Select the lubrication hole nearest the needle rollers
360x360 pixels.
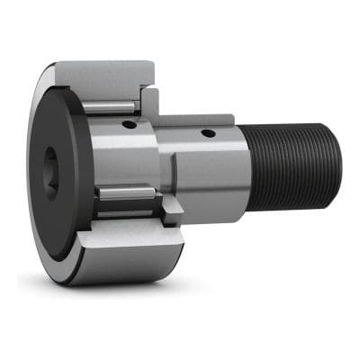132,125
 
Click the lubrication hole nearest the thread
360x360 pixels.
210,133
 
